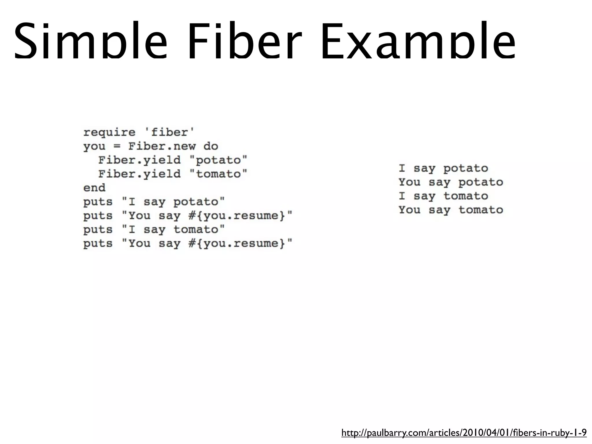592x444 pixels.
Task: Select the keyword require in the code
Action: point(109,132)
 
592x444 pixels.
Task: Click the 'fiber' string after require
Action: point(169,132)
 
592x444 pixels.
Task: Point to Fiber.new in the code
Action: point(162,146)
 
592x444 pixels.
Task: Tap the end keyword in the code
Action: point(94,188)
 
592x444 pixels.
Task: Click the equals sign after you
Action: point(117,147)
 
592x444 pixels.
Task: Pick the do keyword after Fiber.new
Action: point(211,146)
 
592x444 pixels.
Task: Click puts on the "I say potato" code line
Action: point(98,202)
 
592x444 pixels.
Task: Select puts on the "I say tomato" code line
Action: point(98,230)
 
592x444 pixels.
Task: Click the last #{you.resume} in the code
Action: point(237,243)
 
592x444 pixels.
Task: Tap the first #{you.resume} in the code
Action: point(237,216)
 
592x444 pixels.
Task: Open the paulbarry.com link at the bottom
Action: point(464,433)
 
